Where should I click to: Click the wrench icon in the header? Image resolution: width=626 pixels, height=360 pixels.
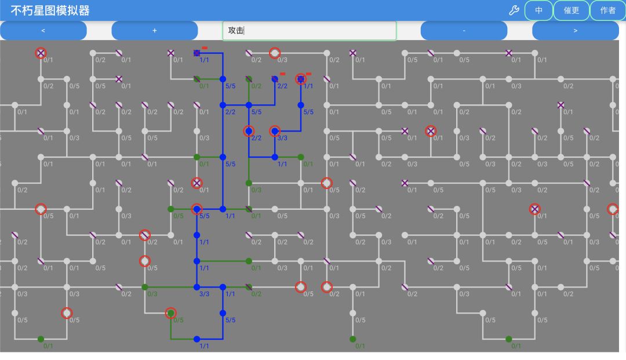click(x=514, y=10)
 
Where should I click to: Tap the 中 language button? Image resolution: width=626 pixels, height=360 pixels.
click(x=538, y=10)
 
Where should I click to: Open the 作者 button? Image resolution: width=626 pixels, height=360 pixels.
click(x=607, y=10)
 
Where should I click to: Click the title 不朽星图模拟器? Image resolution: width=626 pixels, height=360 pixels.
click(x=50, y=10)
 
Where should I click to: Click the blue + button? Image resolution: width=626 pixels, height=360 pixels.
click(x=155, y=31)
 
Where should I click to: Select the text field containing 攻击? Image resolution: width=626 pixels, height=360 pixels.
click(x=310, y=31)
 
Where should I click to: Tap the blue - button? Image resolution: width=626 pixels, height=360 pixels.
click(x=464, y=31)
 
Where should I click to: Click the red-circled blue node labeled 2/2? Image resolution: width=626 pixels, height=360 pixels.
click(x=249, y=131)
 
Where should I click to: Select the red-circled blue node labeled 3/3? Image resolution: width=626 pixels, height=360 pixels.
click(x=275, y=131)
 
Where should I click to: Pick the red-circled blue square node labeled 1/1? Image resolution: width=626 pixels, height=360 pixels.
click(x=301, y=79)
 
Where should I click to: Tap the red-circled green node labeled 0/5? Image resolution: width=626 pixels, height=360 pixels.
click(x=171, y=313)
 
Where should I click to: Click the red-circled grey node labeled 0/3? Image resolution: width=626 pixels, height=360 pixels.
click(x=275, y=53)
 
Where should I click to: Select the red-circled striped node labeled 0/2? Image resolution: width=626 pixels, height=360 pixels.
click(x=145, y=235)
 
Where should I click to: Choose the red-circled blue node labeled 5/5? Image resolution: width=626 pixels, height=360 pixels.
click(x=197, y=209)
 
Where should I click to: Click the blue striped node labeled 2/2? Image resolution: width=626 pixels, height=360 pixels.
click(x=275, y=79)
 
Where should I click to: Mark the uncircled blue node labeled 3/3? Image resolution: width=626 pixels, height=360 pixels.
click(x=197, y=287)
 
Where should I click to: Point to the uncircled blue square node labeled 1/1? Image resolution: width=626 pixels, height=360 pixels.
click(x=197, y=53)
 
